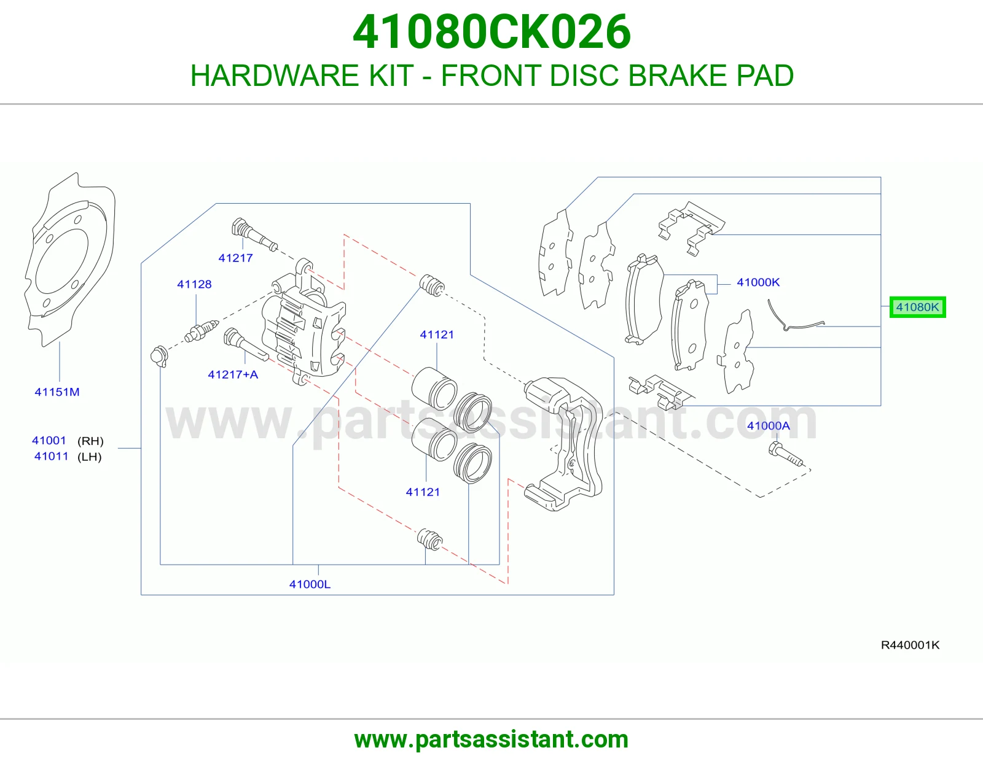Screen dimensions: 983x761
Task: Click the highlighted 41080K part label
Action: pyautogui.click(x=917, y=307)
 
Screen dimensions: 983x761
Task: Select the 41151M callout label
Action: pyautogui.click(x=57, y=392)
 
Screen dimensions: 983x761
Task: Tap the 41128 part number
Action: pyautogui.click(x=194, y=284)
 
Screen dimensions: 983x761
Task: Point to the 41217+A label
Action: pyautogui.click(x=233, y=374)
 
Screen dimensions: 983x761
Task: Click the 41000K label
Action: pyautogui.click(x=758, y=282)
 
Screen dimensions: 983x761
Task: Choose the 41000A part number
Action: pyautogui.click(x=768, y=426)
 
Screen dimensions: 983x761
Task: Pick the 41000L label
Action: pyautogui.click(x=310, y=584)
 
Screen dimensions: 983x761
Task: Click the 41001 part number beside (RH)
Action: pyautogui.click(x=49, y=440)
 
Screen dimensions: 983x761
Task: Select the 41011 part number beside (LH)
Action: pyautogui.click(x=51, y=456)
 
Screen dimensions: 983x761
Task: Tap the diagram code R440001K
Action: pyautogui.click(x=910, y=645)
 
